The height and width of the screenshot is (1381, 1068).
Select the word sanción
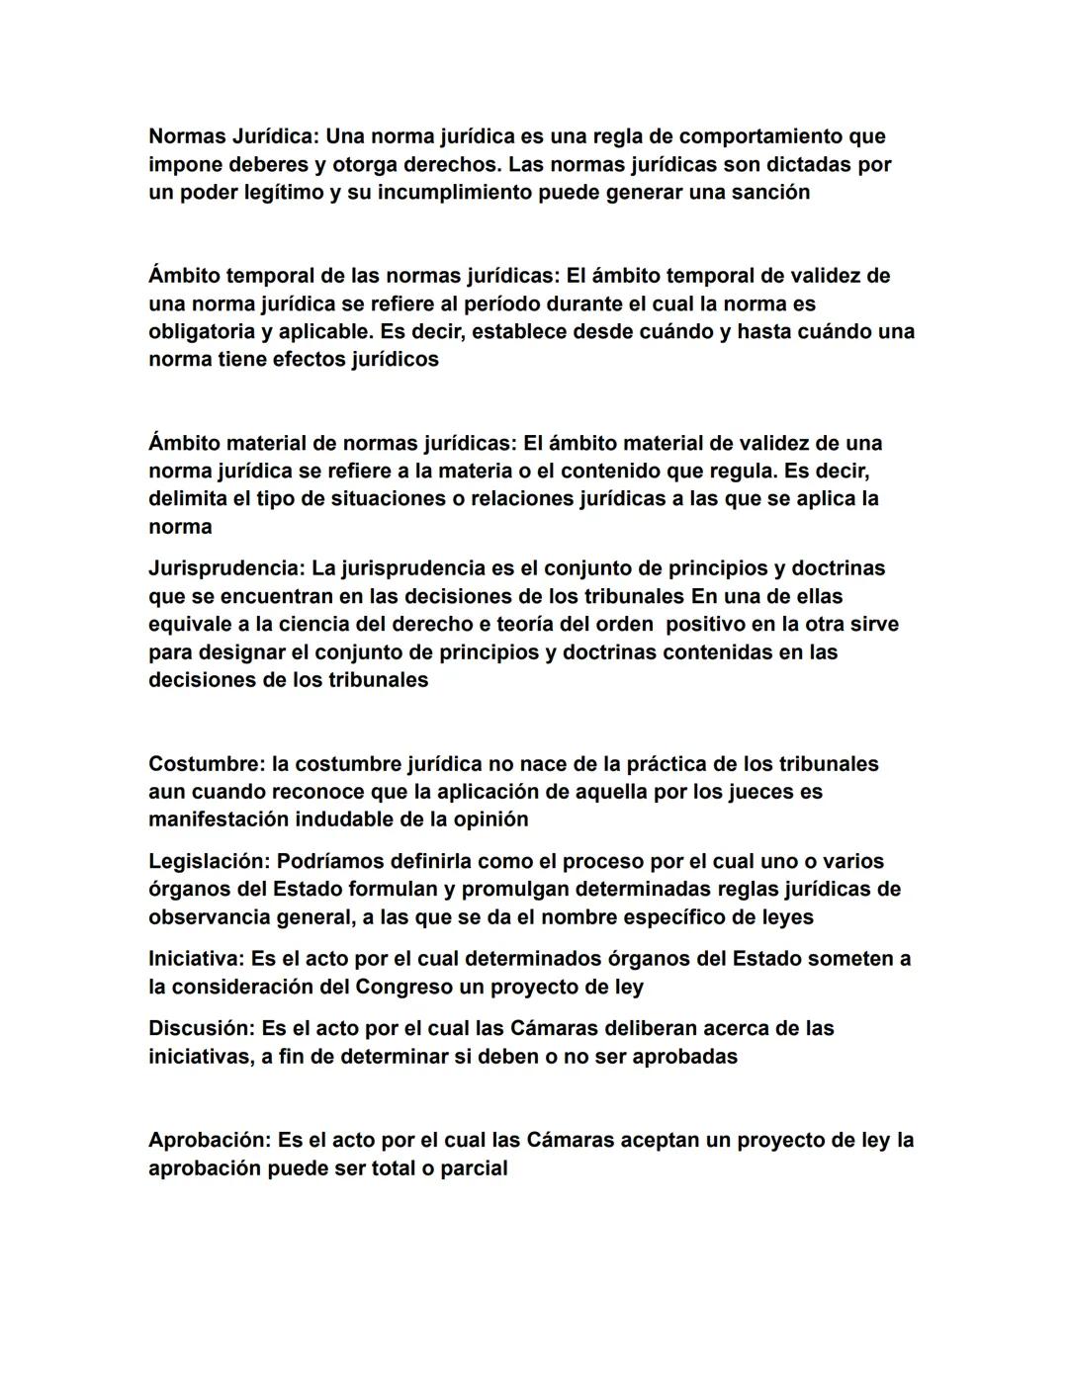[768, 192]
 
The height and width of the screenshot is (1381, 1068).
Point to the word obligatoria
[202, 331]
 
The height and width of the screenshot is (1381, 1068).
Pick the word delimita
[188, 498]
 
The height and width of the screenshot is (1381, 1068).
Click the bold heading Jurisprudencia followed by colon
[226, 568]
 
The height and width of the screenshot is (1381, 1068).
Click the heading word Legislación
[209, 861]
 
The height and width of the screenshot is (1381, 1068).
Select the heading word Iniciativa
[197, 958]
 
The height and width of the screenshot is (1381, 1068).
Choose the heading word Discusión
[202, 1028]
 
